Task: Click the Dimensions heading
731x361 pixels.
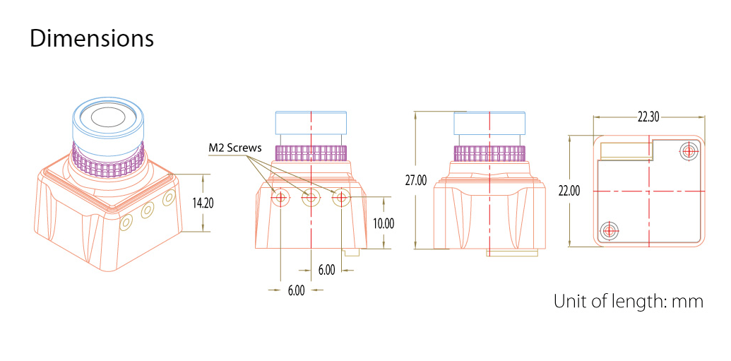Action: [x=92, y=39]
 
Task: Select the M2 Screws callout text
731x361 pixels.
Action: [x=235, y=149]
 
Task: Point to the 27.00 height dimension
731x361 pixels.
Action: [x=415, y=181]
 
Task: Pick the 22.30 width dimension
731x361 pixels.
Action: [x=648, y=117]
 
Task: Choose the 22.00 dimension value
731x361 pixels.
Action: [x=569, y=191]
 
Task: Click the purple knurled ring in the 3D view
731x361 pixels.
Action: [x=109, y=161]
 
